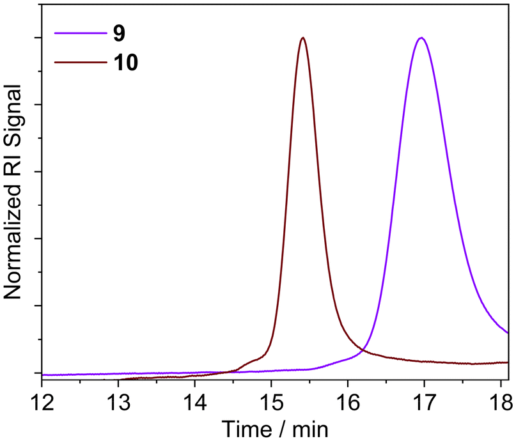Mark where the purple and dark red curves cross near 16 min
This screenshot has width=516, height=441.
363,350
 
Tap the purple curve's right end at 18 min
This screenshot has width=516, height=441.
508,332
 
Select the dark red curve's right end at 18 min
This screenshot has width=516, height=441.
508,362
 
